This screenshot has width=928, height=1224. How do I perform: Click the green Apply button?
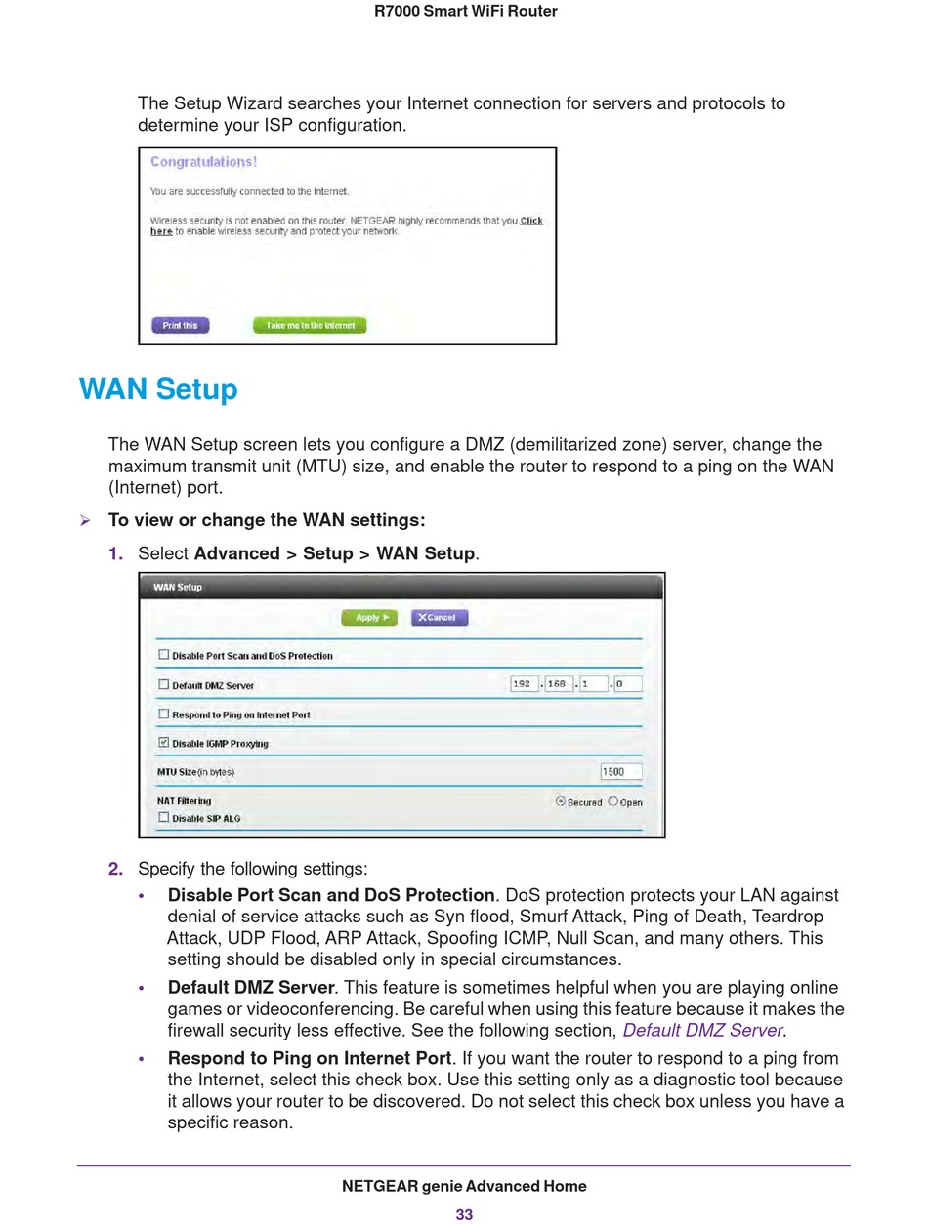[369, 617]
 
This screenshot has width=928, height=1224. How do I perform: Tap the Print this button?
[181, 325]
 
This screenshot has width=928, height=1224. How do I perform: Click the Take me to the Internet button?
[310, 325]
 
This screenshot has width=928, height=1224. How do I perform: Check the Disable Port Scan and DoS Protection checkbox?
[163, 654]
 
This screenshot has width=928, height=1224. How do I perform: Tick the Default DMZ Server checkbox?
[163, 684]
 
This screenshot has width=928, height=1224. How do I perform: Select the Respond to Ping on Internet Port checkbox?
[163, 714]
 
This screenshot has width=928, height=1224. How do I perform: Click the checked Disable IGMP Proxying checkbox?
[163, 742]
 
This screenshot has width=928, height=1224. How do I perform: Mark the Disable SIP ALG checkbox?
[163, 817]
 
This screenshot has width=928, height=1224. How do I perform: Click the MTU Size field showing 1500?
[621, 771]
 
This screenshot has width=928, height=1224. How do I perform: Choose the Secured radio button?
[561, 801]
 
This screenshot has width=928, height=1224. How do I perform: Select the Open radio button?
[612, 801]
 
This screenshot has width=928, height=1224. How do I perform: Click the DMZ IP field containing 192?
[525, 683]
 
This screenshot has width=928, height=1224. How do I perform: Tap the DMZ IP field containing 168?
[559, 683]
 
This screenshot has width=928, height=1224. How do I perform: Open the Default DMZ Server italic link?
[702, 1031]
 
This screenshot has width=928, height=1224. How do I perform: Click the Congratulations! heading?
[204, 162]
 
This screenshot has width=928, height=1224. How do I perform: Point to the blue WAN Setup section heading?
[158, 389]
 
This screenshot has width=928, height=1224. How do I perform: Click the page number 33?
[464, 1214]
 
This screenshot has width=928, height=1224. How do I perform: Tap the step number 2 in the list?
[115, 869]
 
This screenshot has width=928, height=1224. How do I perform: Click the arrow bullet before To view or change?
[85, 521]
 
